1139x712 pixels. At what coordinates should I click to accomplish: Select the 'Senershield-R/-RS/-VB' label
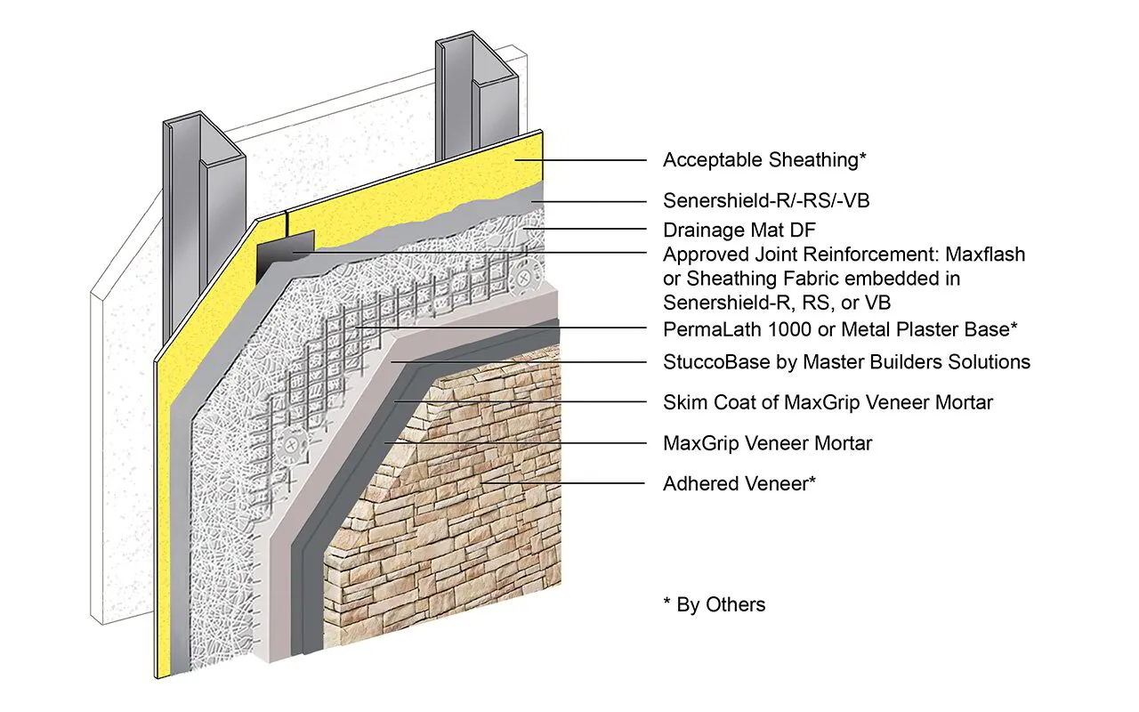[x=766, y=201]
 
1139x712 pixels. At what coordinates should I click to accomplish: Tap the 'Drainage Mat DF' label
[x=739, y=229]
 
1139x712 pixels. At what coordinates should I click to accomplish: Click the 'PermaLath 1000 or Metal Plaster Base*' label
[x=840, y=328]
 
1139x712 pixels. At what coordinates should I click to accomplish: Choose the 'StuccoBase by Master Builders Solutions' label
[x=846, y=361]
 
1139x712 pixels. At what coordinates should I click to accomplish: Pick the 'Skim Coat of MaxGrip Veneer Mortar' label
[x=828, y=402]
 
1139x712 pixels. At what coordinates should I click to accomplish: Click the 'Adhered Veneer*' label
[x=739, y=483]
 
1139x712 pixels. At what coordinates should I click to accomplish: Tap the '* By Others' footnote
[x=714, y=604]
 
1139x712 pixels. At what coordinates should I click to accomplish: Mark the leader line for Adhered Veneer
[x=569, y=483]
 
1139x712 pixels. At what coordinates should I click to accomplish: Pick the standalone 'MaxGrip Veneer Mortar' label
[x=767, y=442]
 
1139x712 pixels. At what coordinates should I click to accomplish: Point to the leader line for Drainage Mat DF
[x=587, y=229]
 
